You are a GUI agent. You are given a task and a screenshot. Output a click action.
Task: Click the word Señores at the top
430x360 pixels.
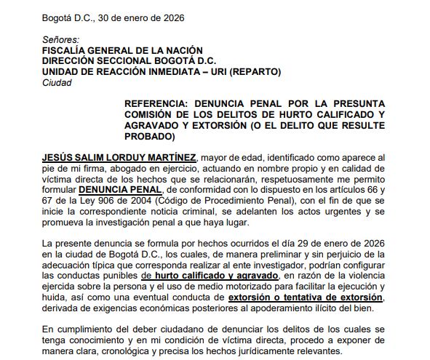point(61,39)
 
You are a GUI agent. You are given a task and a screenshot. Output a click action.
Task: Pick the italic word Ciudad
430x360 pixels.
point(57,83)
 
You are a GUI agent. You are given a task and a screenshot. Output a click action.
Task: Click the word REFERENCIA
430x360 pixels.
point(158,104)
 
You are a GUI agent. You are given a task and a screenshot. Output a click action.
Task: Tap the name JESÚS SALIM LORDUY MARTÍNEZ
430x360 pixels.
point(119,158)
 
